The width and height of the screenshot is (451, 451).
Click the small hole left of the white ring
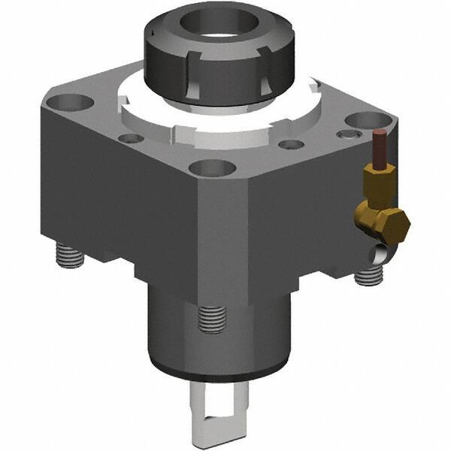130,138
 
